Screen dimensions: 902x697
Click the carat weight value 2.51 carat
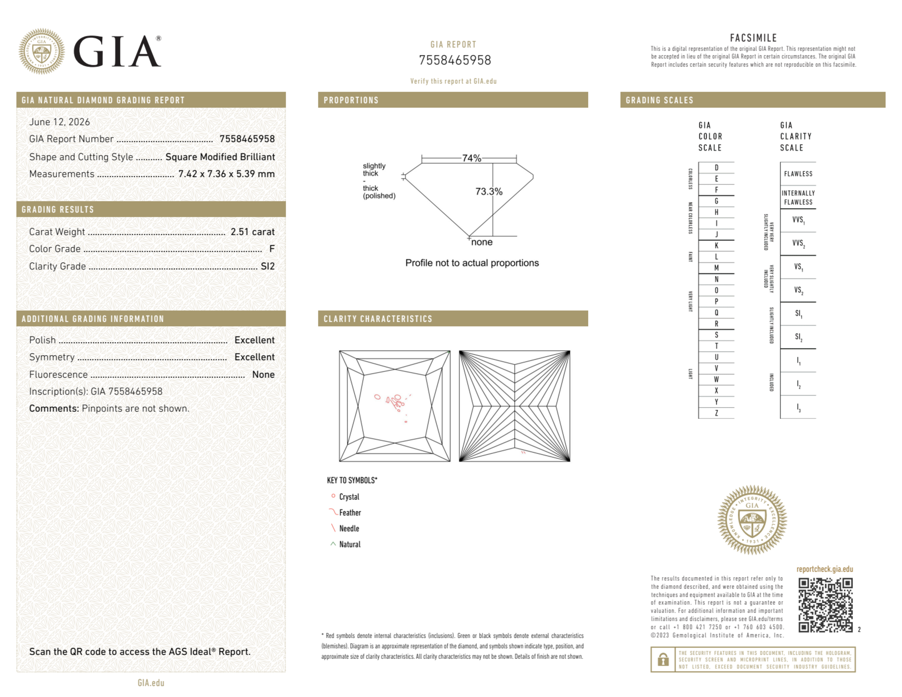click(x=252, y=232)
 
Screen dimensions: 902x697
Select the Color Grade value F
click(x=272, y=249)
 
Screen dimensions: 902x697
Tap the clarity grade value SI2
click(x=268, y=266)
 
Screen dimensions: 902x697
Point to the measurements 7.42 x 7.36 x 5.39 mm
click(x=226, y=174)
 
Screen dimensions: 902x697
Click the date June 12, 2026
click(x=60, y=122)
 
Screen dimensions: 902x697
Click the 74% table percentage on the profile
click(x=472, y=158)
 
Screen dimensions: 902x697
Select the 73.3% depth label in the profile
click(x=489, y=192)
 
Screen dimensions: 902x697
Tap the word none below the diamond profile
click(x=482, y=242)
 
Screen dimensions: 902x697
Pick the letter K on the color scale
click(x=716, y=246)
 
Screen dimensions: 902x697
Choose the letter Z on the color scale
click(x=716, y=413)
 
